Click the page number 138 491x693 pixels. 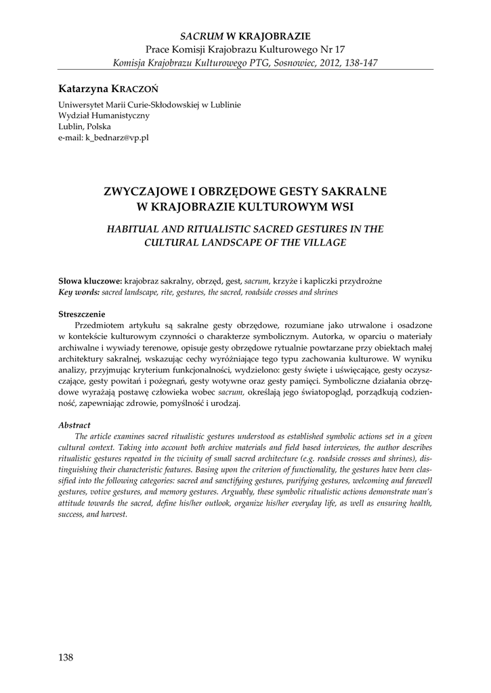[x=66, y=657]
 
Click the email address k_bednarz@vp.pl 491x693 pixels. [x=116, y=137]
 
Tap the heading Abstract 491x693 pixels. [x=74, y=425]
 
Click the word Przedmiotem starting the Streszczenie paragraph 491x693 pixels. [x=104, y=325]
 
